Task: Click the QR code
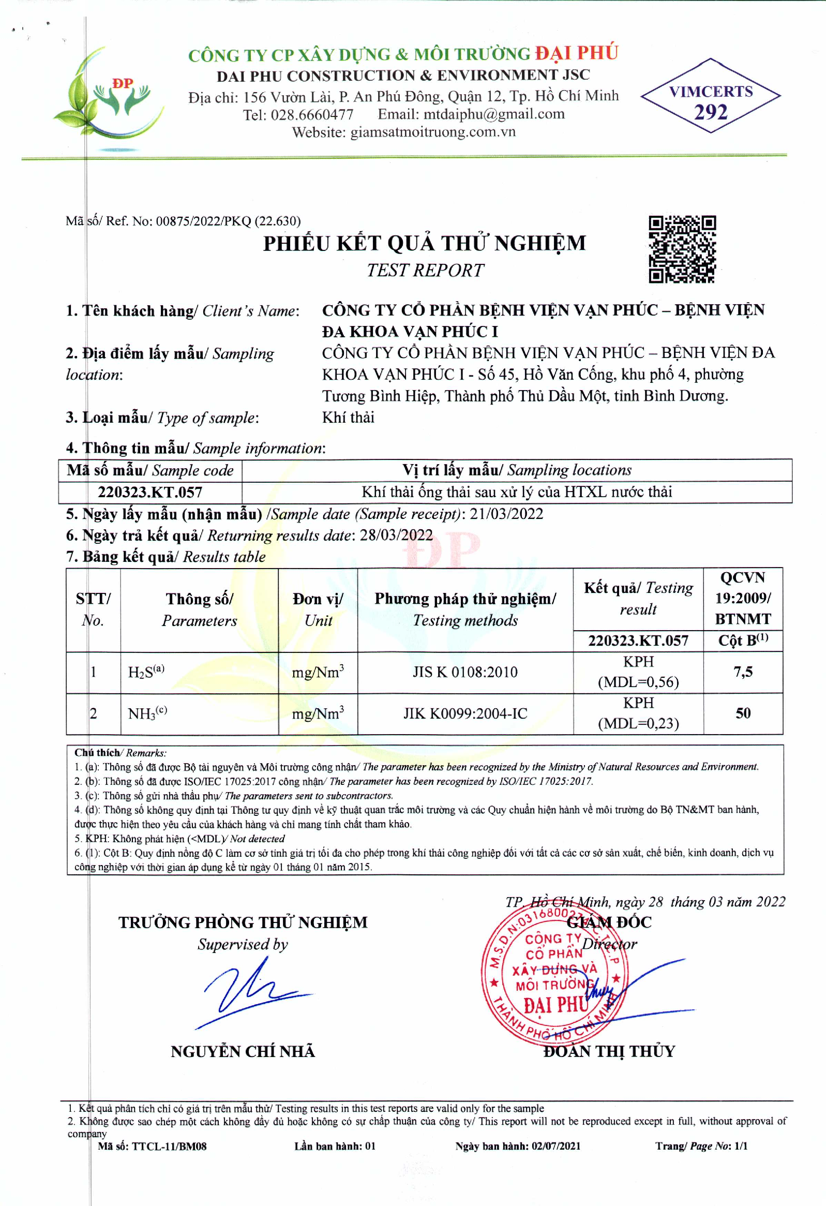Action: [x=682, y=249]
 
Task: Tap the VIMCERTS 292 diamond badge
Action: [x=710, y=96]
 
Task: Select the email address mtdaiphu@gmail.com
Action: [x=493, y=114]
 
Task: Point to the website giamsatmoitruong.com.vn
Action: [x=433, y=132]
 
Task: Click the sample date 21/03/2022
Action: [x=506, y=514]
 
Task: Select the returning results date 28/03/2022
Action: [x=396, y=535]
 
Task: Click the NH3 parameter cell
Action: [x=147, y=713]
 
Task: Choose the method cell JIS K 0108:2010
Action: [x=465, y=672]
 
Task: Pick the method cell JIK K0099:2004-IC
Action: [x=465, y=713]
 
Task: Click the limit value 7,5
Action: [x=742, y=672]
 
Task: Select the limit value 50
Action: [x=742, y=713]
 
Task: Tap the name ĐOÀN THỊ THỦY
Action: [x=609, y=1051]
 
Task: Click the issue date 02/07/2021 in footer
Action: [x=555, y=1146]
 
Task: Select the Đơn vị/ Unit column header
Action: [x=318, y=610]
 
